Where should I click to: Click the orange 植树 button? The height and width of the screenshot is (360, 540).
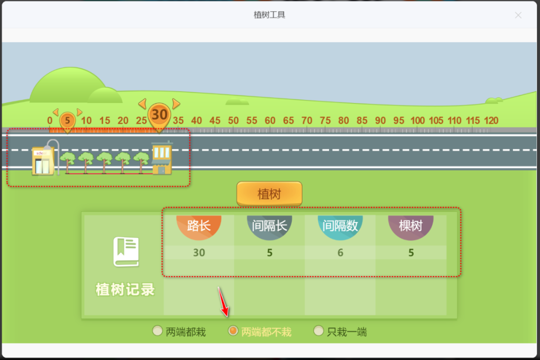point(269,194)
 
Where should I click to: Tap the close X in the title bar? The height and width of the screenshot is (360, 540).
point(518,15)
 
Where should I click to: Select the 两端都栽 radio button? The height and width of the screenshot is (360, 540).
point(157,330)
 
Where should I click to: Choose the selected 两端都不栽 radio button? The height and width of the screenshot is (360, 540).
point(233,330)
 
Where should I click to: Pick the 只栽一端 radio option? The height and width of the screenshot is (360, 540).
point(318,330)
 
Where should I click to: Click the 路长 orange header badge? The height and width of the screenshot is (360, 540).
point(199,226)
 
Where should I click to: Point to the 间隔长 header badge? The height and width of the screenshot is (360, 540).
point(269,226)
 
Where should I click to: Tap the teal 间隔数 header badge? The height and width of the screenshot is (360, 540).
point(340,226)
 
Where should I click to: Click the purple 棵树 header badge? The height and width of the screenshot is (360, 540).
point(411,226)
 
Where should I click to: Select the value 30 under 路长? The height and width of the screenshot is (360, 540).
point(199,252)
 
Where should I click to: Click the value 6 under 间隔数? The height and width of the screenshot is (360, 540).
point(340,252)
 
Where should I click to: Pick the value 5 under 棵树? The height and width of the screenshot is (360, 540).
point(411,252)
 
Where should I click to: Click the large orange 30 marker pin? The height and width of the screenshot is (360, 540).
point(159,115)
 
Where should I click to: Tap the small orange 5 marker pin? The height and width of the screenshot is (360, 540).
point(67,120)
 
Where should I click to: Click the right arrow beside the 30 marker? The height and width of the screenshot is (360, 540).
point(176,103)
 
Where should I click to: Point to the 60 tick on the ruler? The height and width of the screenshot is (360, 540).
point(270,120)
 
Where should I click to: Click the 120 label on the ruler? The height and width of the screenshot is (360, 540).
point(491,120)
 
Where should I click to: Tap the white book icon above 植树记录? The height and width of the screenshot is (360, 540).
point(125,251)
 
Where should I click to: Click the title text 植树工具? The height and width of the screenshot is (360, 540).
point(269,15)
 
